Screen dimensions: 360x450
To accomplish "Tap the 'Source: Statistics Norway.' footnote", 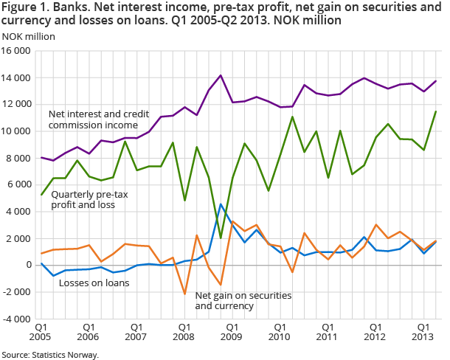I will coord(49,354).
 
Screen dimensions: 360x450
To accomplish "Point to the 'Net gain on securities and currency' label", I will coord(243,300).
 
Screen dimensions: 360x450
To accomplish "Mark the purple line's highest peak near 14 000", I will coord(220,75).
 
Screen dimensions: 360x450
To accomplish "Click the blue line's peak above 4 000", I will coord(221,204).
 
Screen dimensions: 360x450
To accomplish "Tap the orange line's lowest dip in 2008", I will coord(184,294).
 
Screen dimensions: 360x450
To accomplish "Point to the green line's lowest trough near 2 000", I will coord(221,238).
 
